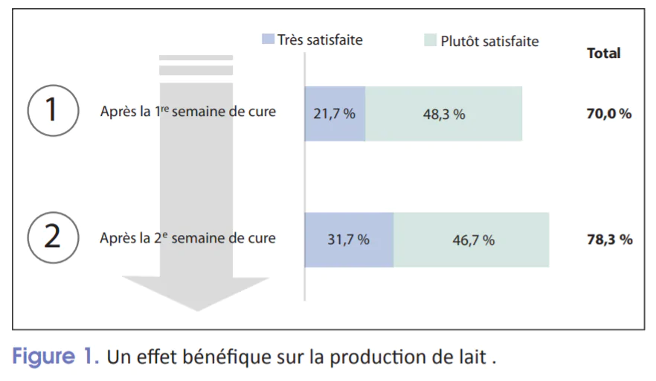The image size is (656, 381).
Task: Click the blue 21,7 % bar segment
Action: [335, 114]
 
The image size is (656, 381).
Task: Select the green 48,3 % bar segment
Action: [444, 114]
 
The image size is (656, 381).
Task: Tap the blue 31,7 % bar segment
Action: [349, 240]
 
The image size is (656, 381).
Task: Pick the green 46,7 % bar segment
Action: [472, 240]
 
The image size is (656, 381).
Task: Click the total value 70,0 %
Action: [608, 114]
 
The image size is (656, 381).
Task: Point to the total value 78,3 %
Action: [608, 240]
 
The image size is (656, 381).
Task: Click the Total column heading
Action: [603, 53]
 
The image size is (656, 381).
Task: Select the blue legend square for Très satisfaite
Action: [268, 39]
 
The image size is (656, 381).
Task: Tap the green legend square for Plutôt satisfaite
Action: [430, 40]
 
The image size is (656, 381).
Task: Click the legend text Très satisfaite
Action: [320, 39]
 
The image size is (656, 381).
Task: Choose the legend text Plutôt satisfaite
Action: [489, 41]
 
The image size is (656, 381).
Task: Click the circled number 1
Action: [53, 110]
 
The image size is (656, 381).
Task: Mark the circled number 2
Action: [53, 237]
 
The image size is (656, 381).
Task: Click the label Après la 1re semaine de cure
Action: [187, 112]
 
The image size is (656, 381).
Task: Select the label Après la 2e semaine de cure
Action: [187, 239]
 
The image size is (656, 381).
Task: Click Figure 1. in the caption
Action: [56, 356]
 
